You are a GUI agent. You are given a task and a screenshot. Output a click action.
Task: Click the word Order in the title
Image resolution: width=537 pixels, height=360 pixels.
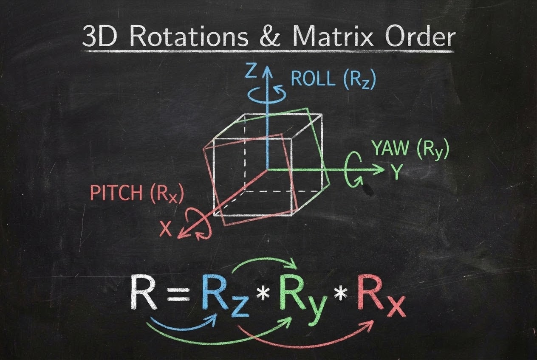420,36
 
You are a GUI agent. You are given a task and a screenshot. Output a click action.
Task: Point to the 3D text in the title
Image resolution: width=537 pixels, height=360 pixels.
100,36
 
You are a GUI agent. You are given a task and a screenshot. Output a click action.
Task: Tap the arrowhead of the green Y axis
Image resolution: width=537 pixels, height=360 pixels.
379,169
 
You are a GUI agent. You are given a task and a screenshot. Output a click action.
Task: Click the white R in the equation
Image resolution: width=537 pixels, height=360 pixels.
144,292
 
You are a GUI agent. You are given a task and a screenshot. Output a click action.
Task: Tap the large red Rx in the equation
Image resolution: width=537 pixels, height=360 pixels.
381,296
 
